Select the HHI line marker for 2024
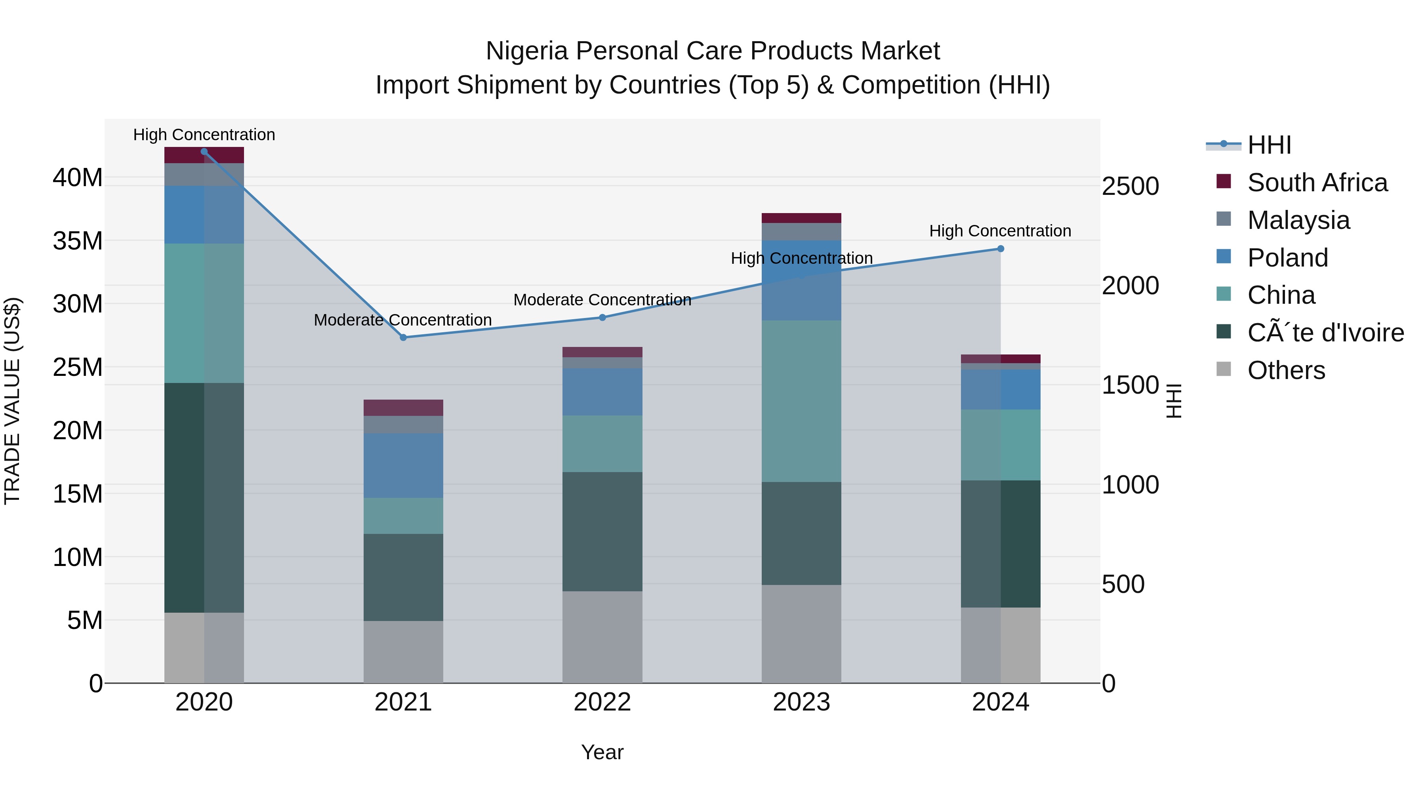click(1000, 248)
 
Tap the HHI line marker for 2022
click(602, 317)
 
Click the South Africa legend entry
click(1317, 183)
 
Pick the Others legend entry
click(1285, 370)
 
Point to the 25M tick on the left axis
click(78, 367)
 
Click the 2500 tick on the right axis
click(1130, 186)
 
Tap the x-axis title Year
click(602, 752)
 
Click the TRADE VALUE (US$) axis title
click(12, 401)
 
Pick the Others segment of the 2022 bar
click(602, 636)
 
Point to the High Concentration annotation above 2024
click(1000, 231)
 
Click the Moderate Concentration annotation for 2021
click(402, 320)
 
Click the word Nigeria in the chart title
click(526, 51)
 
